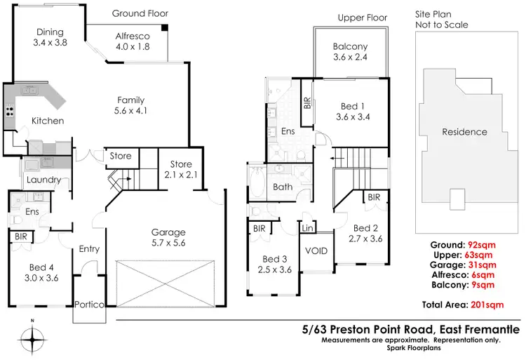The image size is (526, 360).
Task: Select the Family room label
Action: [131, 105]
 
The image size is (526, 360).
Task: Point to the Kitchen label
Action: [48, 121]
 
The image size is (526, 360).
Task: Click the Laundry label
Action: [43, 180]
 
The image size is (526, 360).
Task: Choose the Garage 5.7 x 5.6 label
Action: [168, 237]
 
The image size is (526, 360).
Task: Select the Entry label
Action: [89, 248]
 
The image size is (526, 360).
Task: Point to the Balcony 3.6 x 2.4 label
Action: [350, 53]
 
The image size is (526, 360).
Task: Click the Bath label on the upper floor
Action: [283, 187]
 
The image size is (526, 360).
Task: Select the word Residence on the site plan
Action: [464, 131]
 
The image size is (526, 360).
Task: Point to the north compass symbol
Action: [32, 340]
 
